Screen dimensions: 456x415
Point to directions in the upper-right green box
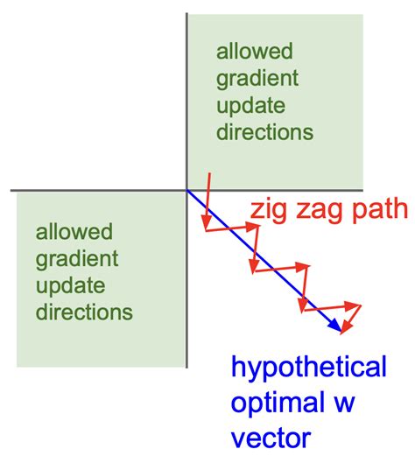tap(265, 133)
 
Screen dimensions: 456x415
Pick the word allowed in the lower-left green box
tap(74, 232)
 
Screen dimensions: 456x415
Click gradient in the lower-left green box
tap(77, 259)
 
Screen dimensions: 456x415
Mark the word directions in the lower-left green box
tap(84, 312)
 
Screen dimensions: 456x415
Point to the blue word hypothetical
tap(308, 367)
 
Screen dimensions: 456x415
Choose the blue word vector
tap(271, 435)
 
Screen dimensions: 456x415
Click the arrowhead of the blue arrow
tap(337, 327)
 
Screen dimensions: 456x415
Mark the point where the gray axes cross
tap(187, 190)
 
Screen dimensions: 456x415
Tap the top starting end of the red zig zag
tap(210, 172)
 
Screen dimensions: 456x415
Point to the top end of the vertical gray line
tap(187, 14)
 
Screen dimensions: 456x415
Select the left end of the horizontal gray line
tap(11, 190)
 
